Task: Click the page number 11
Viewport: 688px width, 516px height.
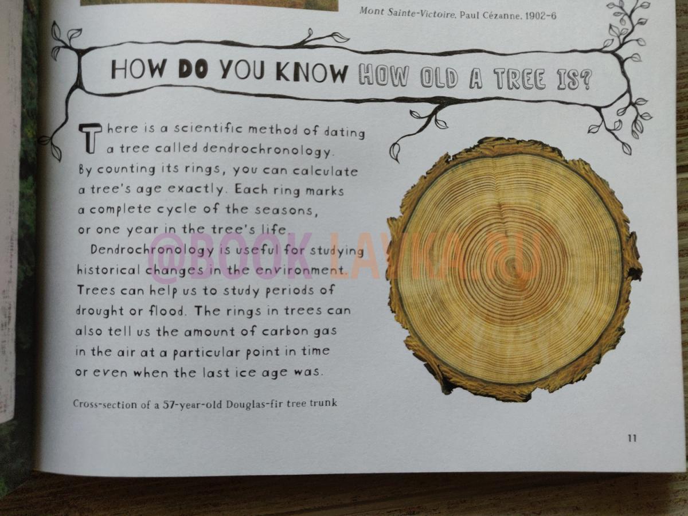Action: tap(632, 438)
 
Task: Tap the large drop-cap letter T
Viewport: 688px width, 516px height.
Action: tap(90, 138)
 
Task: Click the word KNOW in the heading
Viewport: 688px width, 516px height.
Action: tap(311, 73)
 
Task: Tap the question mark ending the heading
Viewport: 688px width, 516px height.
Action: tap(585, 80)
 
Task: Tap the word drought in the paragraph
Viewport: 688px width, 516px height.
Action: tap(100, 311)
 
